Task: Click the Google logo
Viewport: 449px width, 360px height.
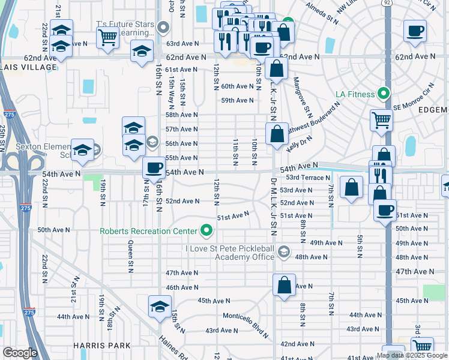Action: [20, 353]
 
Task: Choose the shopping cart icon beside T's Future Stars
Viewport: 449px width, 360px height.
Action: [107, 37]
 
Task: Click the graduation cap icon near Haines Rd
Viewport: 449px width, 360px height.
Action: [160, 307]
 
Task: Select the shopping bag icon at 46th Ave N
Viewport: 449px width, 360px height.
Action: [285, 285]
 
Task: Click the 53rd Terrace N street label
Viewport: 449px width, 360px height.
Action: [308, 178]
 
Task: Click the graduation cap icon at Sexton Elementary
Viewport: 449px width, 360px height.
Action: [82, 151]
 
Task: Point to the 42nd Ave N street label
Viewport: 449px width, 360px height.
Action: [297, 344]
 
